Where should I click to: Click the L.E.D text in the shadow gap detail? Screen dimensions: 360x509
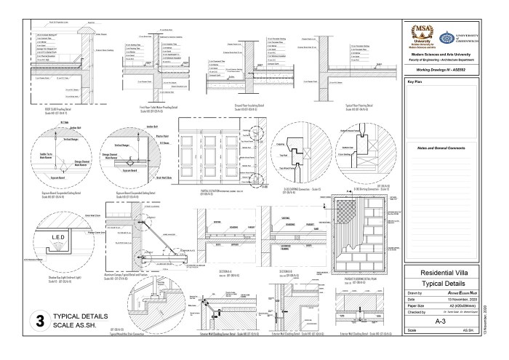[60, 239]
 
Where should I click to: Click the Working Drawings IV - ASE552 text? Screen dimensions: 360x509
[445, 68]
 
